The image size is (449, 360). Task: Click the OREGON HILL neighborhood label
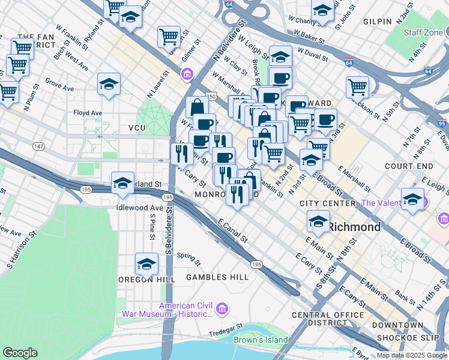(x=146, y=280)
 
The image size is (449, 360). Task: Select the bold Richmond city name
(x=355, y=227)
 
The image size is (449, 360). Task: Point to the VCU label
(x=137, y=128)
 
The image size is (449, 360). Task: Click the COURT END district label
(x=409, y=166)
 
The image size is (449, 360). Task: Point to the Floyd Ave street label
(x=88, y=113)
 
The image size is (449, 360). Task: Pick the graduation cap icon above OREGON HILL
(x=146, y=263)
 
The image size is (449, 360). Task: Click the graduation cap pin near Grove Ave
(x=109, y=84)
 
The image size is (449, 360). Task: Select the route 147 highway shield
(x=38, y=146)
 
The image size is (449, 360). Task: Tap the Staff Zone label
(x=424, y=32)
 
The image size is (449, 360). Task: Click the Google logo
(x=20, y=353)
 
